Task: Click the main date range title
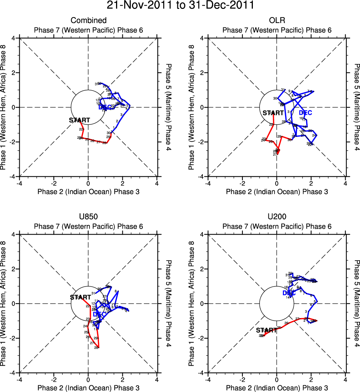180,6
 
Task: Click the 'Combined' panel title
89,20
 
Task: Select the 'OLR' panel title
277,20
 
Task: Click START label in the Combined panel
79,120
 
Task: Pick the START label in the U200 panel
266,330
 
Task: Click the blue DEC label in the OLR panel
305,112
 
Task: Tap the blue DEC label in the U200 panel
289,293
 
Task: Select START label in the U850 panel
80,297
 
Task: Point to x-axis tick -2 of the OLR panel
242,184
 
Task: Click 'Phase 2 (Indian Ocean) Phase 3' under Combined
89,192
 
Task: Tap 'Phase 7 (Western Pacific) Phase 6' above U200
277,226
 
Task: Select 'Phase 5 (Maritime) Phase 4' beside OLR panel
357,107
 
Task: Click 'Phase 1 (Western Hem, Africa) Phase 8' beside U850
4,303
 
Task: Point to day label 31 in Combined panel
96,84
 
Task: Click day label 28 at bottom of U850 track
96,348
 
